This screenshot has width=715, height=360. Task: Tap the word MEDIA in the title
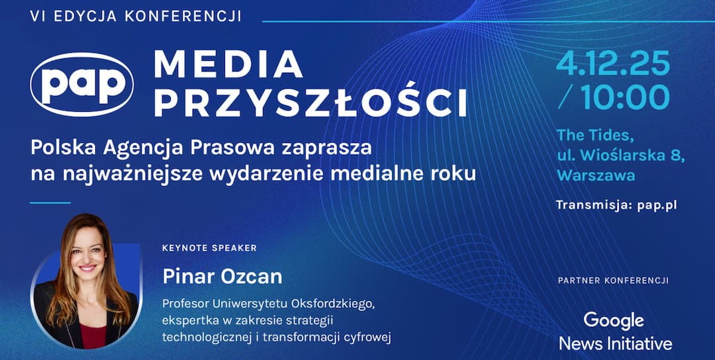[228, 64]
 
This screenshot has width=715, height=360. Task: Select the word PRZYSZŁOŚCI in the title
[310, 103]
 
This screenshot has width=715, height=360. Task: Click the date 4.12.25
[612, 64]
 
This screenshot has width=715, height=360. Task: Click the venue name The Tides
[595, 136]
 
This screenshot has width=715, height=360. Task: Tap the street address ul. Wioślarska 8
[620, 156]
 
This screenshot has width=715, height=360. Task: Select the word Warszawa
[596, 175]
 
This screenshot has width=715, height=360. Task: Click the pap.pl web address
[657, 205]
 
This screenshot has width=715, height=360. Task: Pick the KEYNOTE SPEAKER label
[209, 248]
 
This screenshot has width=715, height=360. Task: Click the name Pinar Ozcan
[222, 276]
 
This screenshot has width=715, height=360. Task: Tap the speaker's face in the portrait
[87, 255]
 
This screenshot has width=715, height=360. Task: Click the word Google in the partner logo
[613, 320]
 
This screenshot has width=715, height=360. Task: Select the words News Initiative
[615, 343]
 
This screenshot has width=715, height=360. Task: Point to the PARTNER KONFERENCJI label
[613, 281]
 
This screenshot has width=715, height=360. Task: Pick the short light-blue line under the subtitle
[50, 202]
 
